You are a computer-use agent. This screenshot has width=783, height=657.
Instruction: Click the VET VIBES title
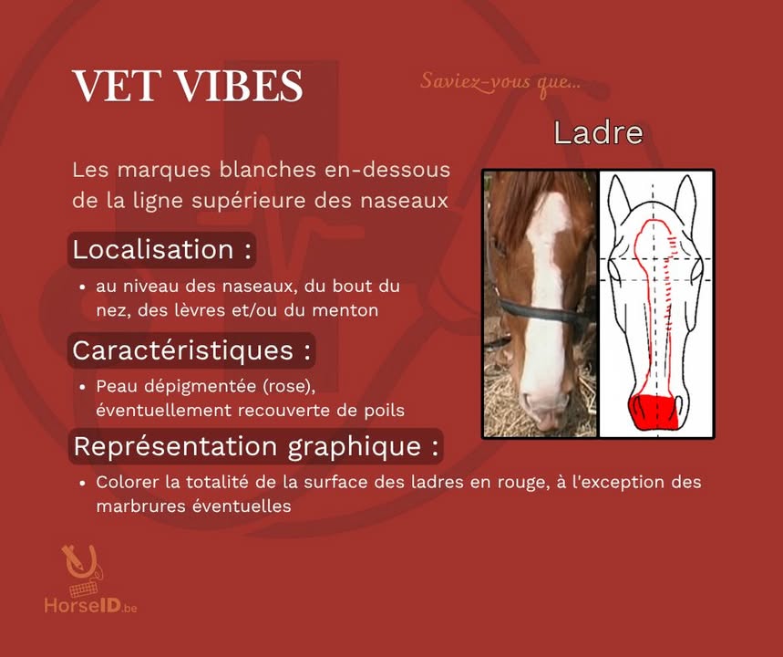point(188,86)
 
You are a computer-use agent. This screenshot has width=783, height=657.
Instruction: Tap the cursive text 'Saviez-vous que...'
point(500,82)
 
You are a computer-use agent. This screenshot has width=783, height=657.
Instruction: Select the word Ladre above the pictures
point(598,133)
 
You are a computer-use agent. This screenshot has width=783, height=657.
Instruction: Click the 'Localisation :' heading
point(161,249)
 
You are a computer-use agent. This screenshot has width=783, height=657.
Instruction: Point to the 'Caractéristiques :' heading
point(191,350)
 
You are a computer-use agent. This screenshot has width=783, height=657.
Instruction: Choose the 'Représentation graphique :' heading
point(255,446)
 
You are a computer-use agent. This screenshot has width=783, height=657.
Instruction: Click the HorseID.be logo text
point(90,606)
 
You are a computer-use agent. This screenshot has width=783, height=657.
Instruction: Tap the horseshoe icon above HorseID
point(81,562)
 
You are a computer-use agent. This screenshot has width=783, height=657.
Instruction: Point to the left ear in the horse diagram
point(618,197)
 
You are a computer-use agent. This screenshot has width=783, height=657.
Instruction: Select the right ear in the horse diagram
point(685,197)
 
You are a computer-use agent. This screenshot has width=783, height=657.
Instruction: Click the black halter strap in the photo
point(541,311)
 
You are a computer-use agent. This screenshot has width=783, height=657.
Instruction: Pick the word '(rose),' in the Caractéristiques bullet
point(290,387)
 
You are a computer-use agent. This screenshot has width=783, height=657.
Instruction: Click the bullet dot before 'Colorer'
point(83,484)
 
